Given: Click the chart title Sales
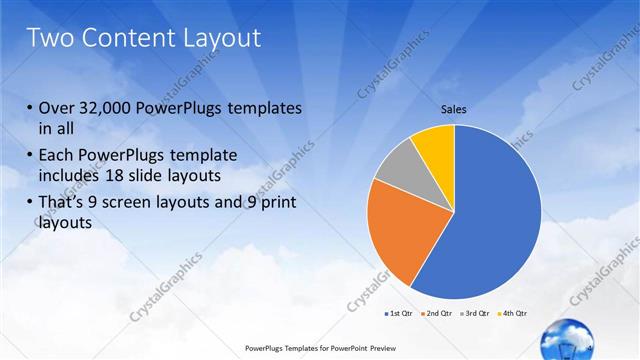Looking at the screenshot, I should coord(454,109).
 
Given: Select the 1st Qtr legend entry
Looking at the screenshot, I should coord(397,313).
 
